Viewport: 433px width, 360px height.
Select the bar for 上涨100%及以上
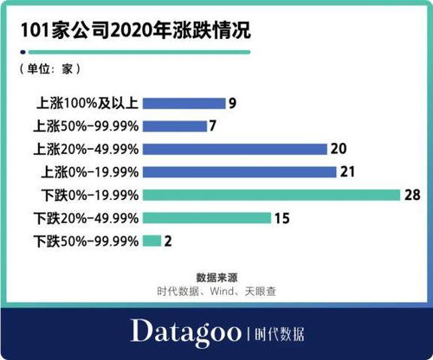(x=183, y=102)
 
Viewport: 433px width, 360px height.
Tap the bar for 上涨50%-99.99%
(x=176, y=125)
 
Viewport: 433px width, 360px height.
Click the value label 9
(x=232, y=102)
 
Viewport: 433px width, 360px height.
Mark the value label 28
(x=412, y=195)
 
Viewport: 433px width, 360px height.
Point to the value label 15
(x=281, y=218)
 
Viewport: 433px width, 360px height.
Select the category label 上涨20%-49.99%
(x=87, y=149)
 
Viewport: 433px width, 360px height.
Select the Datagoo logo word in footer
(x=184, y=331)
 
